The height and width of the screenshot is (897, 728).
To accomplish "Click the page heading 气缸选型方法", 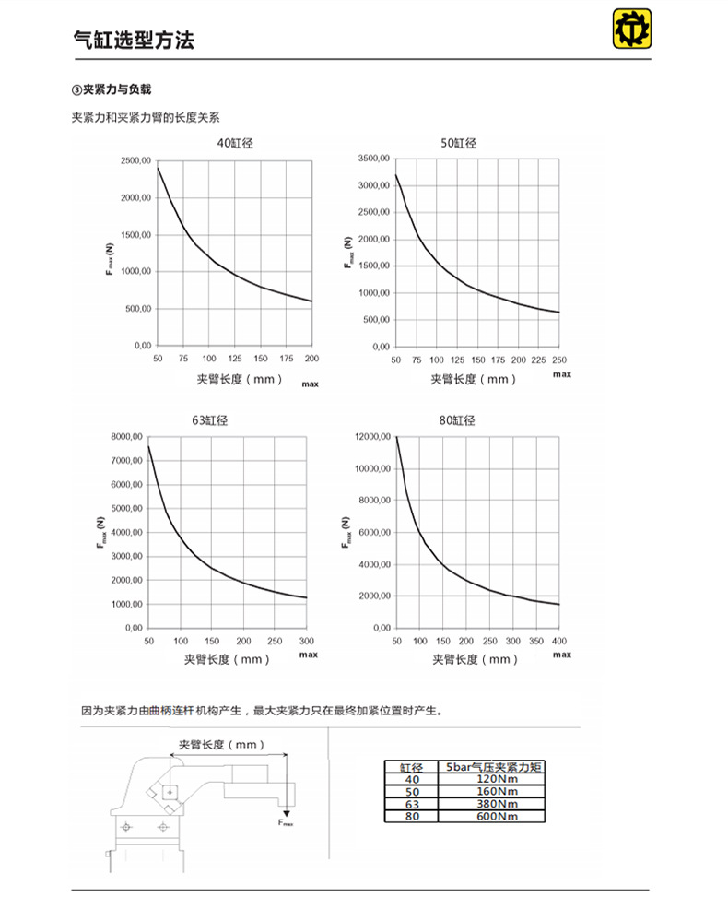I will click(134, 41).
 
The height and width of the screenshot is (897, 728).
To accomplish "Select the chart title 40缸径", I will click(235, 143).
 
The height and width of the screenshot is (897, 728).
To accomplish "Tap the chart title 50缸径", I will click(458, 143).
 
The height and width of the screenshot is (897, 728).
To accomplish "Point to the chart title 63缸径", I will click(210, 420).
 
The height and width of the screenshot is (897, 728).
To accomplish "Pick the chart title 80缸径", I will click(458, 420).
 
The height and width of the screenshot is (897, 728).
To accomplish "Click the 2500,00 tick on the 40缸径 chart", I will click(135, 161).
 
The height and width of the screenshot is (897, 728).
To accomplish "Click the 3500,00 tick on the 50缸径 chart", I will click(374, 159).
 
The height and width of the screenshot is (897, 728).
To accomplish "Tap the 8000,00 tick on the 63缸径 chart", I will click(125, 436).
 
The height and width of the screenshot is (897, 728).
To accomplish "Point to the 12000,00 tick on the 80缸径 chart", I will click(372, 436).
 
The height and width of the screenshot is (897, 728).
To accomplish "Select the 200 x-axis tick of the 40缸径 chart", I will click(311, 359).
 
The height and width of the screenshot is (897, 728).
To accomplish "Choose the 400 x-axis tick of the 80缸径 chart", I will click(559, 640).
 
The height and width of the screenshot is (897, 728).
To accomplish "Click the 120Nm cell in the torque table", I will click(493, 779).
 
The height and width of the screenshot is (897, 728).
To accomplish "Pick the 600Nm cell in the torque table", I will click(493, 816).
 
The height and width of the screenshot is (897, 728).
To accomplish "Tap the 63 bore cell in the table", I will click(412, 804).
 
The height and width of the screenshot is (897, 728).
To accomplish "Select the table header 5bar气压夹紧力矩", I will click(493, 767).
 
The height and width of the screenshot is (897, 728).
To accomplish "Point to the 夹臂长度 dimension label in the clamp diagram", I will click(221, 744).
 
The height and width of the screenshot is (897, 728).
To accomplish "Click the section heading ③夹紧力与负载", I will click(111, 89).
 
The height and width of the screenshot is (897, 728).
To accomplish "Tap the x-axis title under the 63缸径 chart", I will click(228, 659).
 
